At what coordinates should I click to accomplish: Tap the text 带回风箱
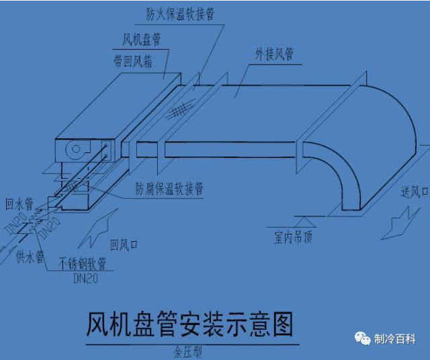pyautogui.click(x=133, y=61)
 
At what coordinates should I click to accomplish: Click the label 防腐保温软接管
pyautogui.click(x=169, y=190)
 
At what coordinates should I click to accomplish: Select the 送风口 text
pyautogui.click(x=415, y=193)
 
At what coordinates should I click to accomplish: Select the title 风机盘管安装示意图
pyautogui.click(x=189, y=326)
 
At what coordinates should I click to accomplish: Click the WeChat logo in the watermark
pyautogui.click(x=363, y=338)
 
